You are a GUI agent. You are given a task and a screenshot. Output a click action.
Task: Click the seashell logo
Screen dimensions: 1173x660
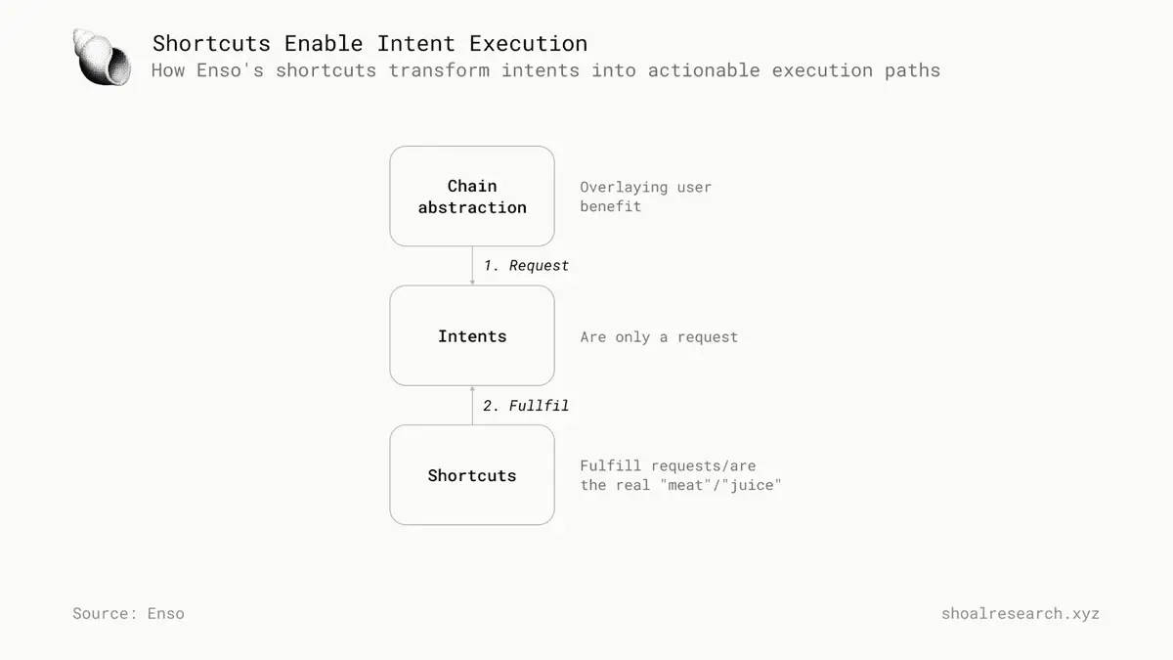tap(102, 57)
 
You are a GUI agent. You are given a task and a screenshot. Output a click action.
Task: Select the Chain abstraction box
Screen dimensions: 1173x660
tap(472, 196)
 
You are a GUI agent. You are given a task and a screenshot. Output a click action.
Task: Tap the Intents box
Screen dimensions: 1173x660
tap(472, 335)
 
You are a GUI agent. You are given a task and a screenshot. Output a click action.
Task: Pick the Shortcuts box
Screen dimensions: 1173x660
tap(472, 474)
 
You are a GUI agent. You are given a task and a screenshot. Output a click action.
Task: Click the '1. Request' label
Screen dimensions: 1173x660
tap(526, 266)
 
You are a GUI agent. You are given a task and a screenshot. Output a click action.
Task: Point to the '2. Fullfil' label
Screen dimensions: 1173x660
tap(525, 406)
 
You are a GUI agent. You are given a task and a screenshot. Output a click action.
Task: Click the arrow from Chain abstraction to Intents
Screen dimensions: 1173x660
tap(472, 266)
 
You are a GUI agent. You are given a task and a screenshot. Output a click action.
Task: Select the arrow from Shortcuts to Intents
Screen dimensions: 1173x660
tap(472, 406)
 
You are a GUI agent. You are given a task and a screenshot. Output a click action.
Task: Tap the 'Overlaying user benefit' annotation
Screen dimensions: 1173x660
tap(645, 197)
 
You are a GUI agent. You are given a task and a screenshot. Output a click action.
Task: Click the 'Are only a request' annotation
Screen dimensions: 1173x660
tap(659, 336)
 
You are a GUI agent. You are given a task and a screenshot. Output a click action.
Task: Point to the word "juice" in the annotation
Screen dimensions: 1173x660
tap(752, 485)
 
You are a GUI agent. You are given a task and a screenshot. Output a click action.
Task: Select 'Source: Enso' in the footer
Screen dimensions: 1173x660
tap(128, 613)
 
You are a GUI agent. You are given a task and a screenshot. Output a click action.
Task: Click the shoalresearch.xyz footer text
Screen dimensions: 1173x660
tap(1021, 613)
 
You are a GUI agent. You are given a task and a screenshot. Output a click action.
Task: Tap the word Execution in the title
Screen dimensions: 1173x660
tap(528, 43)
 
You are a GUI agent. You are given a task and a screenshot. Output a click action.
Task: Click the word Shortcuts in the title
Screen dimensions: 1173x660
tap(211, 43)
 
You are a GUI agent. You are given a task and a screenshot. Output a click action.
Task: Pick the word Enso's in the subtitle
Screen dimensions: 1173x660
tap(230, 70)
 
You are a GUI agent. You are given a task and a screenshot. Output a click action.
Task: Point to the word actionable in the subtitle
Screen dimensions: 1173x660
tap(704, 70)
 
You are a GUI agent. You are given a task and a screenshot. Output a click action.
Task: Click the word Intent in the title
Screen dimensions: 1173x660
tap(415, 43)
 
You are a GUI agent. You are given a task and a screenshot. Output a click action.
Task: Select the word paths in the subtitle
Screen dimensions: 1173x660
tap(912, 70)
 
